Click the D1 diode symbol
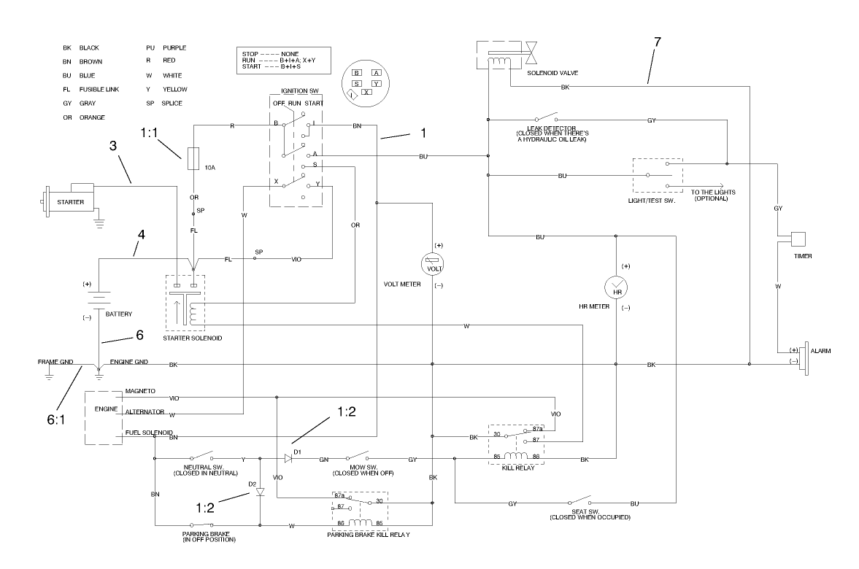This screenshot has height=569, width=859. pyautogui.click(x=288, y=459)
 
